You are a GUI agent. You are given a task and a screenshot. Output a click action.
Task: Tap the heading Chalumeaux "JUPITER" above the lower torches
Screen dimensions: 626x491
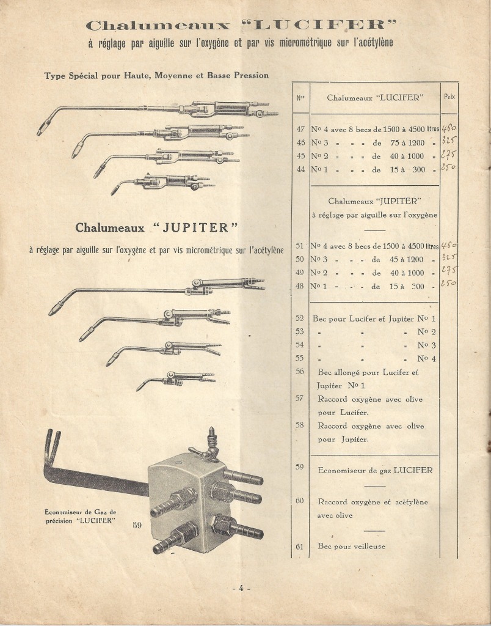(x=156, y=227)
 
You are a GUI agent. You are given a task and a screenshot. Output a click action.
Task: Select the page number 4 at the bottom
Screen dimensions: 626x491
(x=241, y=588)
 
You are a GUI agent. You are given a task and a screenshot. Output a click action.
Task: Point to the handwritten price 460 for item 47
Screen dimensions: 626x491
(x=449, y=129)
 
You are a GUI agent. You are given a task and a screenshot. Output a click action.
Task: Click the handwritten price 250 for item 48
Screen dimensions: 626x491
(x=449, y=284)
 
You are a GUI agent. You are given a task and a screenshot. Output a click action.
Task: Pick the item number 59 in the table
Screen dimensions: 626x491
(x=299, y=467)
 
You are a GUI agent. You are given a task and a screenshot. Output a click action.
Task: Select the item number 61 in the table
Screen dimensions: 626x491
(x=299, y=547)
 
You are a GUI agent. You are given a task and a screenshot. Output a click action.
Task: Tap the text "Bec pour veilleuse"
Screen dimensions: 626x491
(x=352, y=547)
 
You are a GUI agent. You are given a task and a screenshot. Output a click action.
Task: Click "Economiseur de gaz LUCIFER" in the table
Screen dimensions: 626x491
(x=375, y=470)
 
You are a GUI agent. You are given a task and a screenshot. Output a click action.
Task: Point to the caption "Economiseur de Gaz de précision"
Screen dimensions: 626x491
(x=81, y=516)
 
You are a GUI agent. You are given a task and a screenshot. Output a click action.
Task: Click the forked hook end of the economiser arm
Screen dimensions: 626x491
(x=53, y=443)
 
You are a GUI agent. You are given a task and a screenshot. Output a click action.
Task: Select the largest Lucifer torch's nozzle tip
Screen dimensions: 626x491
(x=42, y=130)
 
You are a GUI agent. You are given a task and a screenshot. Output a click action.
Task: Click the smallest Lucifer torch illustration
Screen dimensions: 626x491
(x=162, y=182)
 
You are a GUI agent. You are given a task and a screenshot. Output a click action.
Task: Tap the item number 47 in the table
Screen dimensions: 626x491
(x=299, y=130)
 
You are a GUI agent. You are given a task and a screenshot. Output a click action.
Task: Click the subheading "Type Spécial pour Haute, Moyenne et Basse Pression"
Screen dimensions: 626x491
(x=156, y=76)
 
